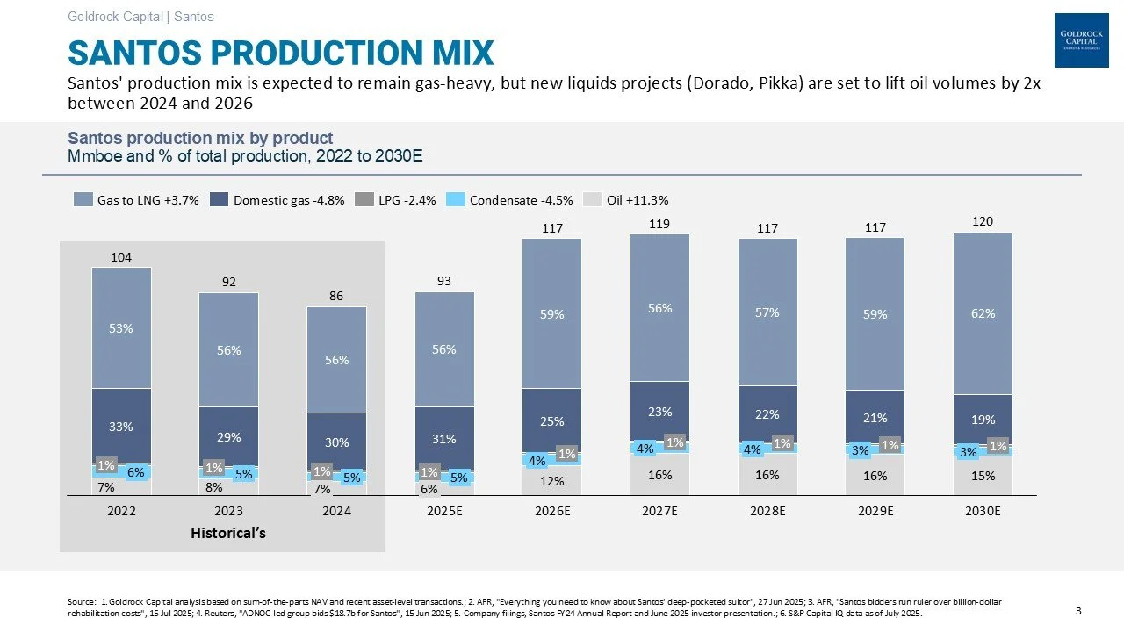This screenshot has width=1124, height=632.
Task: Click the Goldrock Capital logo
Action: coord(1080,41)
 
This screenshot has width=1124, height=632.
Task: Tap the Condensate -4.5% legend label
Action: coord(521,199)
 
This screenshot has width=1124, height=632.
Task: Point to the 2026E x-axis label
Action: coord(552,510)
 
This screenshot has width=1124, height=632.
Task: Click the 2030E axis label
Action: coord(983,510)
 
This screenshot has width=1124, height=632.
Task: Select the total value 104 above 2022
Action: coord(121,257)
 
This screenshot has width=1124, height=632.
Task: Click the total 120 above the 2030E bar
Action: coord(983,222)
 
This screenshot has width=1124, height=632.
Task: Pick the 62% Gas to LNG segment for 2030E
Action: coord(983,313)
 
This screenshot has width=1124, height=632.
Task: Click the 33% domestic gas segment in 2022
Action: coord(121,427)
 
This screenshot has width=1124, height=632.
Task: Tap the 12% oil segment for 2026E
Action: coord(552,481)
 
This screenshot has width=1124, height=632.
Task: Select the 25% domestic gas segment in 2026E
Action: coord(552,422)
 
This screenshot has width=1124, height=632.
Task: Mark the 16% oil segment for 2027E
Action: coord(660,475)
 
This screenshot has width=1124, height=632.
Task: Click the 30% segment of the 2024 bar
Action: coord(337,442)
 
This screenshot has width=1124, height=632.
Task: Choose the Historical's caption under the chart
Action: coord(228,533)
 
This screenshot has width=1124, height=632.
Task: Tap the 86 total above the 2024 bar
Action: coord(337,297)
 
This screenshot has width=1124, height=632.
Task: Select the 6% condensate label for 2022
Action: coord(136,471)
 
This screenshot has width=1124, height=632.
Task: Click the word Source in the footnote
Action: coord(80,601)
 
